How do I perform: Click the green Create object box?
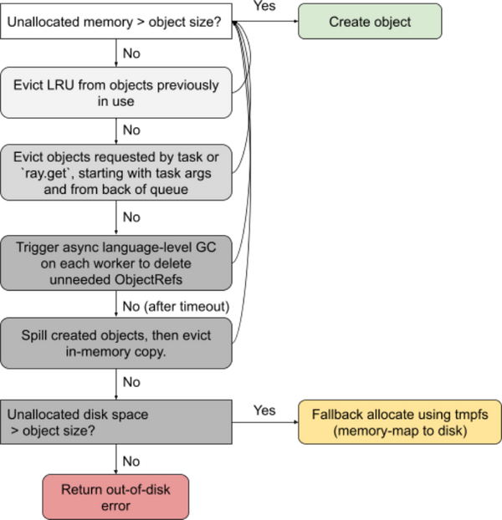tap(370, 22)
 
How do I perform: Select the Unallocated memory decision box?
tap(116, 22)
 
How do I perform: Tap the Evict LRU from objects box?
tap(116, 92)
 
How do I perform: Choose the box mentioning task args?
tap(116, 173)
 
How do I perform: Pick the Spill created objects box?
tap(116, 343)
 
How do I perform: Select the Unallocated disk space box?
tap(116, 421)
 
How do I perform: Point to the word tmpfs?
tap(470, 414)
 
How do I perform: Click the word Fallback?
tap(340, 414)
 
